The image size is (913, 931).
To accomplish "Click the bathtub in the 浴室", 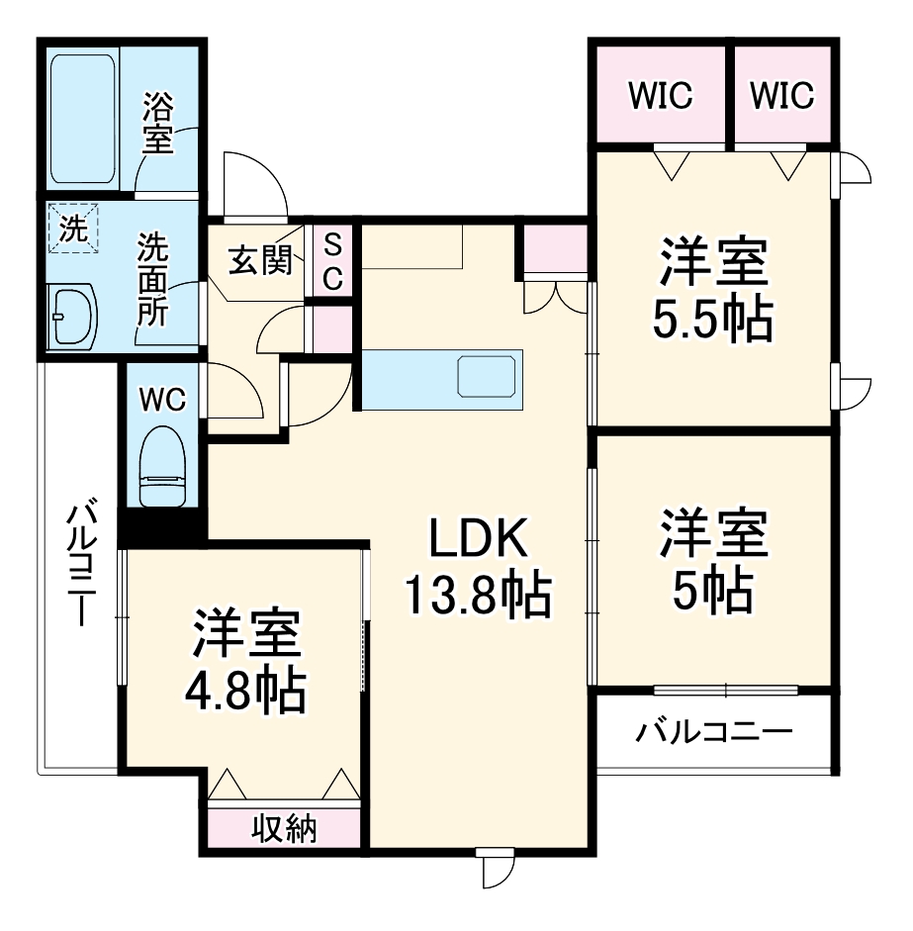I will tap(85, 119).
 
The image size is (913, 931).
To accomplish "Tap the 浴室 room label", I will tap(157, 123).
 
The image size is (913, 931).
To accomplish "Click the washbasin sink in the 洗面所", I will tap(72, 317).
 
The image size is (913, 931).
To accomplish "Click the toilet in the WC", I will tap(164, 466).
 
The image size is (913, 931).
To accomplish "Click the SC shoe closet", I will tap(332, 261).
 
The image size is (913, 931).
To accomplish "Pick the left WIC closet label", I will tap(661, 96).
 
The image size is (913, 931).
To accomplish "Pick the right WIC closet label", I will tap(781, 96).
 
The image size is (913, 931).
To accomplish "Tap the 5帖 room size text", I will tap(712, 592).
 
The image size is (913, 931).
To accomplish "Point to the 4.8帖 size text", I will tap(245, 692).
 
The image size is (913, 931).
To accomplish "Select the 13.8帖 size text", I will tap(478, 595).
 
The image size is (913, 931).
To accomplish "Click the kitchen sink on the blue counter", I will tap(488, 377).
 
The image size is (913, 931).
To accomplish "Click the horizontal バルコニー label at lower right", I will tap(714, 733).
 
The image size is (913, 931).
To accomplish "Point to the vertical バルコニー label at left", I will tap(82, 565).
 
